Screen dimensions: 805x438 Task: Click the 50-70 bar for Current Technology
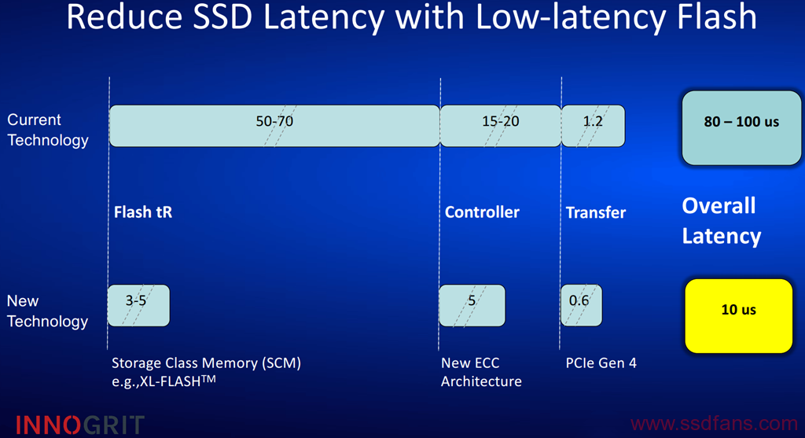point(274,126)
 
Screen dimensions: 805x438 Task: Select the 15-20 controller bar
point(501,126)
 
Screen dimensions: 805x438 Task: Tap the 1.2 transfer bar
point(593,126)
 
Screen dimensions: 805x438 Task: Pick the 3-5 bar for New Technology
point(138,306)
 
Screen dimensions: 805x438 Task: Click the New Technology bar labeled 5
point(472,306)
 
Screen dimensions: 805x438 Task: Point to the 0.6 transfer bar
point(581,306)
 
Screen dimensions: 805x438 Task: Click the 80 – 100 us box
point(741,128)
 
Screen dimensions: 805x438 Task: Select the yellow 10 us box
point(739,316)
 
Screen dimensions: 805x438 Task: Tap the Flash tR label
point(143,212)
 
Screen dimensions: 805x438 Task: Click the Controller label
point(482,212)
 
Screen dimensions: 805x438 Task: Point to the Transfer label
point(596,212)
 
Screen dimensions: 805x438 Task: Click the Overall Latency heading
point(722,221)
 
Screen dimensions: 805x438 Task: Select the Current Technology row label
point(48,130)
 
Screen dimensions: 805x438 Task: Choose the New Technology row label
point(47,311)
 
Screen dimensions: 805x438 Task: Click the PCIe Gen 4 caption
point(601,363)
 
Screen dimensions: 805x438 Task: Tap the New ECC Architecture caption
point(481,372)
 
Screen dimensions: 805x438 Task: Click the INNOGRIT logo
point(79,425)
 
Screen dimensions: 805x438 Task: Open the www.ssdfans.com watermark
point(714,424)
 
